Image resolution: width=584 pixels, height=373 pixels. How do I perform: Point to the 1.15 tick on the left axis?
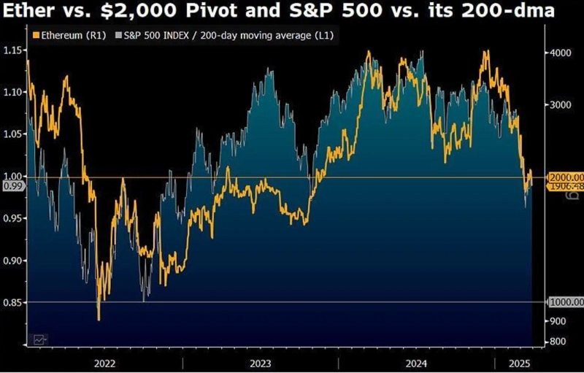click(x=13, y=50)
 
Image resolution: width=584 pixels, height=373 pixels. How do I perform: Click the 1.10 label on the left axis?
click(x=13, y=93)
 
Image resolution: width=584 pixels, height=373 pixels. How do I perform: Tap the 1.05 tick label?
click(x=13, y=134)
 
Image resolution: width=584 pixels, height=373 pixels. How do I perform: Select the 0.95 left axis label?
click(x=13, y=218)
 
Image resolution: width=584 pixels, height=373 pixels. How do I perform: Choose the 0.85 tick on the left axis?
click(x=13, y=302)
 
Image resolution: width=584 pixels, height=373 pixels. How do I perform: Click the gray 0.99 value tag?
click(x=13, y=187)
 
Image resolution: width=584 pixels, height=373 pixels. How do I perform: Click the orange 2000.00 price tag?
click(x=566, y=177)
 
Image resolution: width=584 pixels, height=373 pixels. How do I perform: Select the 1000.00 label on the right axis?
click(x=566, y=302)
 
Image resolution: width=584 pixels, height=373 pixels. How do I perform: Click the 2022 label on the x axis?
click(x=104, y=362)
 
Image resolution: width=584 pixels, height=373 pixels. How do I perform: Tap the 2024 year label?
click(x=416, y=362)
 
